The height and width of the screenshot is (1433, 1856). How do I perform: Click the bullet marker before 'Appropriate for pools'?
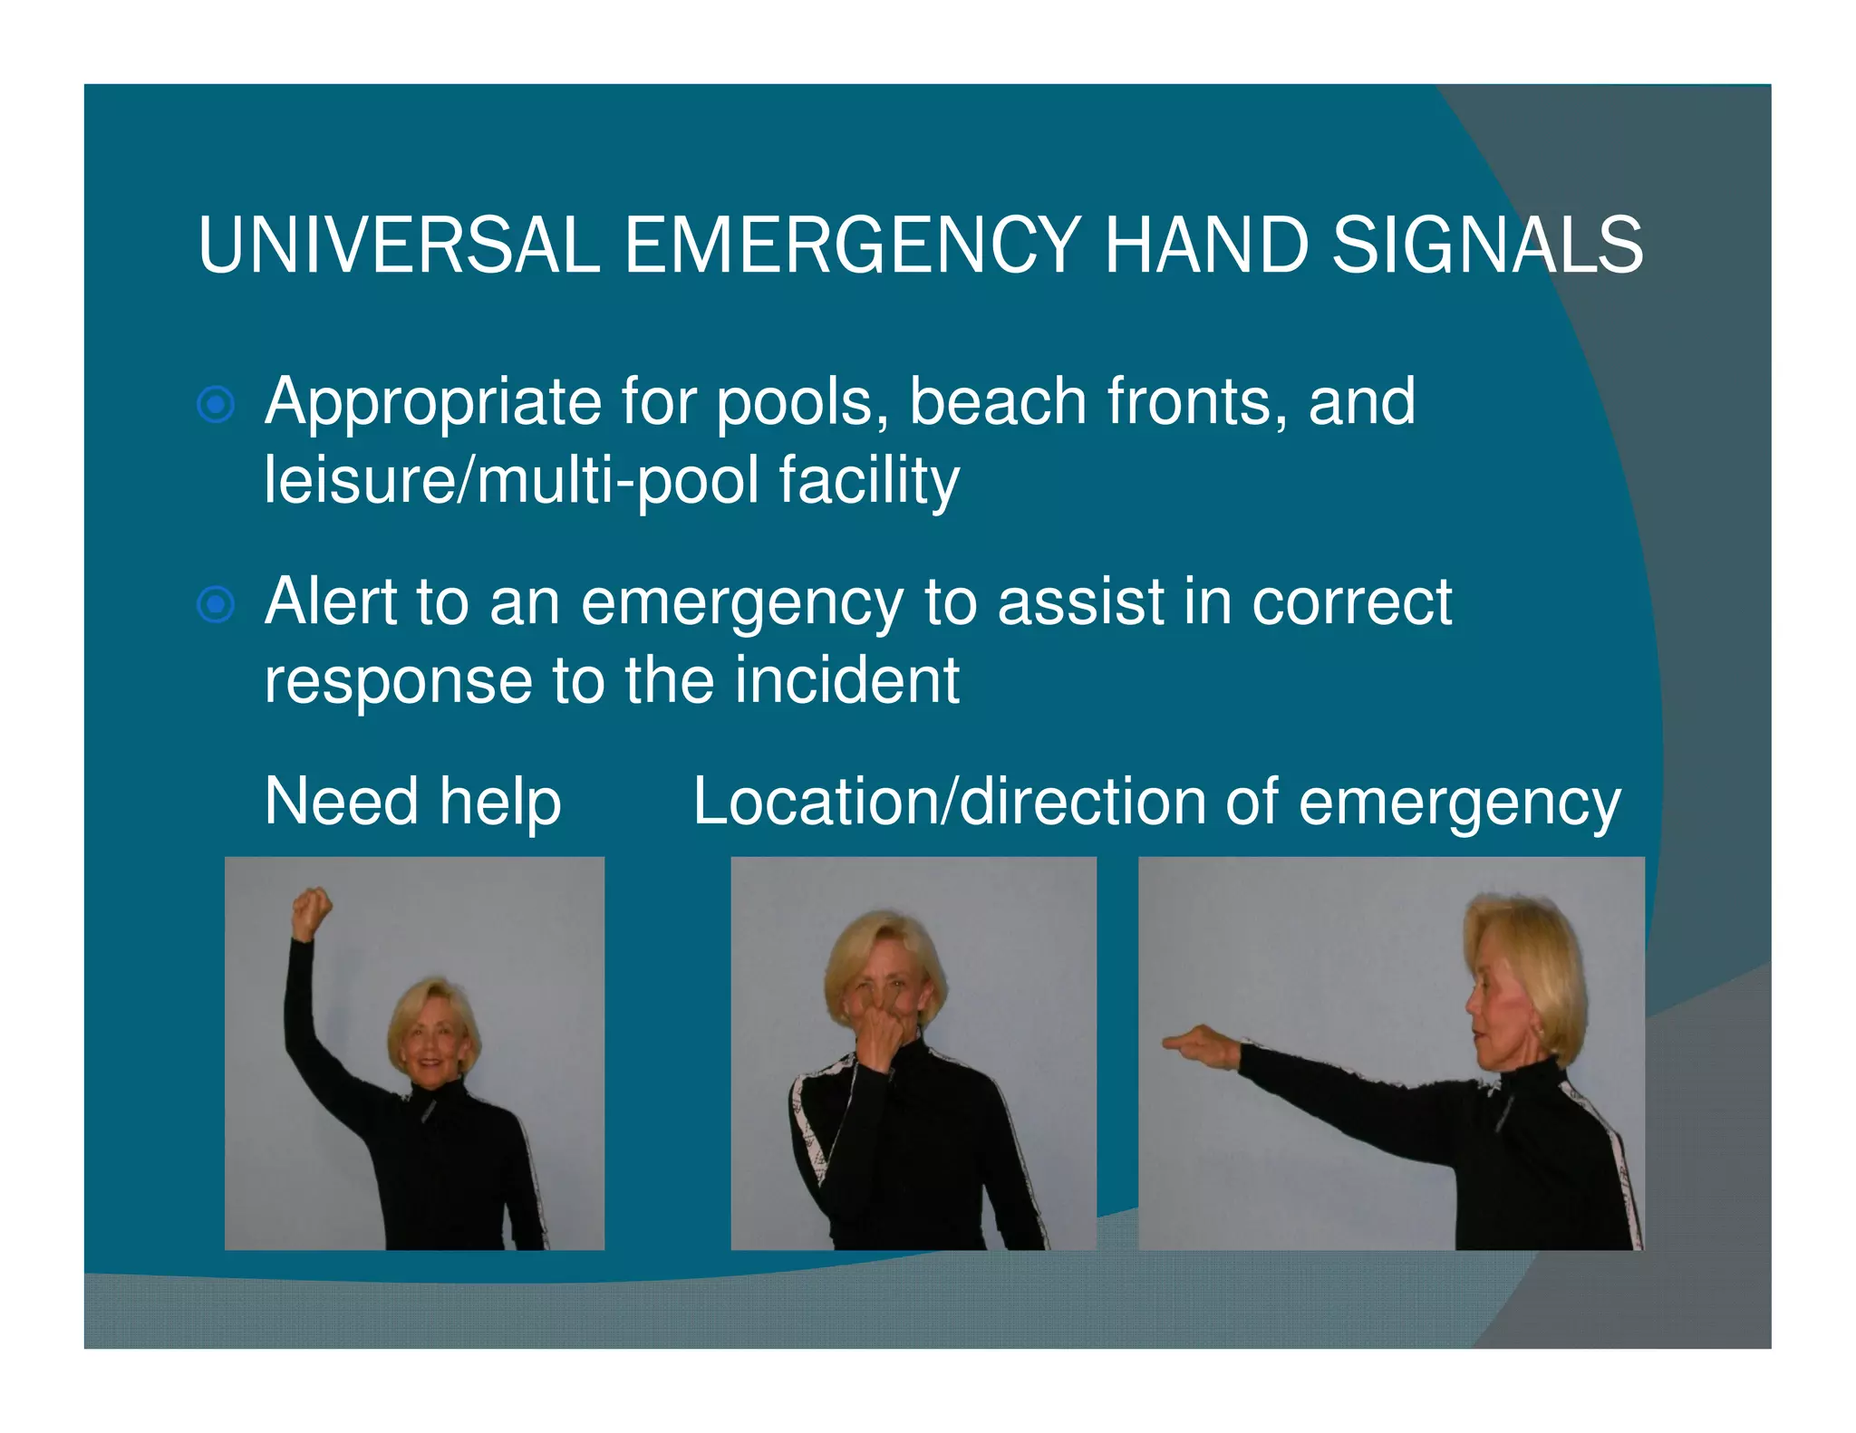[x=216, y=405]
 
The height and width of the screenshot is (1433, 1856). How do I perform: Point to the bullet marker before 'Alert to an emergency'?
[x=216, y=604]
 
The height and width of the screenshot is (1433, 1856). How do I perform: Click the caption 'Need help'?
[x=412, y=803]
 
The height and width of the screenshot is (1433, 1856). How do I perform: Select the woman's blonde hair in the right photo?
[x=1532, y=960]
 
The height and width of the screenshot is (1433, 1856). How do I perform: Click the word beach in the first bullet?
[x=997, y=403]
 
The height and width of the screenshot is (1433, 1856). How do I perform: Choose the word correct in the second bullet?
[x=1352, y=602]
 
